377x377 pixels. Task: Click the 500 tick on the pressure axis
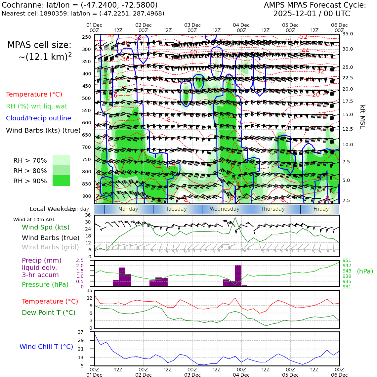point(86,98)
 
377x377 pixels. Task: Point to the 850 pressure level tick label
point(86,184)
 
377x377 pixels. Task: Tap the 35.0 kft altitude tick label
point(347,34)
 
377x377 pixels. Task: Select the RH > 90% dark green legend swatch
point(61,181)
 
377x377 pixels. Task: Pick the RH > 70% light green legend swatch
point(61,160)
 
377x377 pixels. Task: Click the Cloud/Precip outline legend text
point(38,118)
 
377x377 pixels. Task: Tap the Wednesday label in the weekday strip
point(225,209)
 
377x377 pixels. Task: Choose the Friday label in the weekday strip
point(321,209)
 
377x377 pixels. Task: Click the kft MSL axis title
point(362,117)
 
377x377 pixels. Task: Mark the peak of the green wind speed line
point(235,218)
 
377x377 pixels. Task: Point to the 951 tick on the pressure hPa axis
point(347,260)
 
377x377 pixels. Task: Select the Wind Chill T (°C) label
point(46,347)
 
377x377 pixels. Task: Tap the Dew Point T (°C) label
point(49,313)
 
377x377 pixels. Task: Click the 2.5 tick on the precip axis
point(80,260)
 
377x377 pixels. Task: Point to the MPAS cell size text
point(39,45)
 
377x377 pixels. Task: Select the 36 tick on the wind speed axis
point(88,215)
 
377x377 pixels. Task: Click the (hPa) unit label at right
point(365,271)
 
